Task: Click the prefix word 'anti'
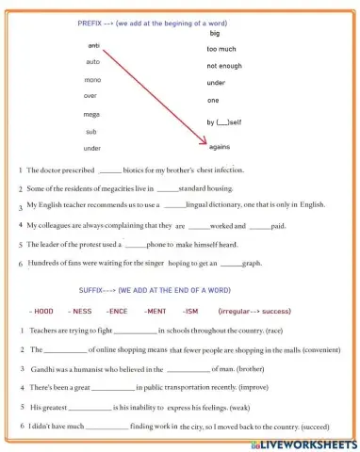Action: [93, 45]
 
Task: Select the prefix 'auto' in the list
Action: [92, 61]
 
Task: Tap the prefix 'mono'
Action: [92, 78]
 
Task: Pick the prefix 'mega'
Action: [92, 114]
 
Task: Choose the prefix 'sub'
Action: [91, 131]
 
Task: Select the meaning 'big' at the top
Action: [214, 33]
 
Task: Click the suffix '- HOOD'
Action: [42, 310]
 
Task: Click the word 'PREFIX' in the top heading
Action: [90, 21]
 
